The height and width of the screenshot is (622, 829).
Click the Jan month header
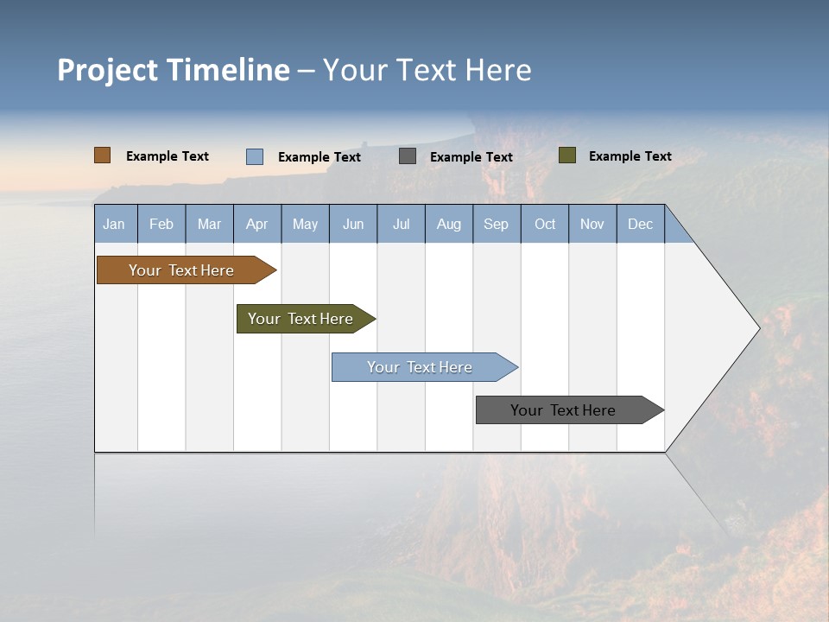pos(115,224)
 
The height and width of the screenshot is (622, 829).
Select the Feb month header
pos(161,224)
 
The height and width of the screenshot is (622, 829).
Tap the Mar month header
pos(209,224)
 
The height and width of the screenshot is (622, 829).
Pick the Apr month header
pos(257,224)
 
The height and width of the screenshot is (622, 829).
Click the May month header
pos(305,224)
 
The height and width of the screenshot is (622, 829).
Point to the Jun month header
pos(353,224)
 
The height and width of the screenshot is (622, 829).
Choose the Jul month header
pos(401,224)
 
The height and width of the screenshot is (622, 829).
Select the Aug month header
pos(449,224)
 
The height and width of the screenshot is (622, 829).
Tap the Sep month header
pos(497,224)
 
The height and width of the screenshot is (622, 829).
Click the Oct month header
pos(545,224)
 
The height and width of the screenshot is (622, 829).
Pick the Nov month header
pos(592,224)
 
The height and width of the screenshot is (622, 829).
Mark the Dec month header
pos(641,224)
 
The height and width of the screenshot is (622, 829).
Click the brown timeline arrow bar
pos(182,270)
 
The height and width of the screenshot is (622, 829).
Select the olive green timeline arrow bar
pos(301,319)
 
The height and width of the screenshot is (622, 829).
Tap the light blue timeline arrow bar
pos(421,367)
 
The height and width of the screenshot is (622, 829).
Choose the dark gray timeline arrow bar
pos(564,410)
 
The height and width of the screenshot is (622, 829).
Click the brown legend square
pos(103,155)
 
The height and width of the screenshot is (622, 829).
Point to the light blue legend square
pos(255,156)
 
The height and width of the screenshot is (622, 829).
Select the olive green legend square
pos(567,155)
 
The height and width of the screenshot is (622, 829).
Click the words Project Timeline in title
pos(174,70)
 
